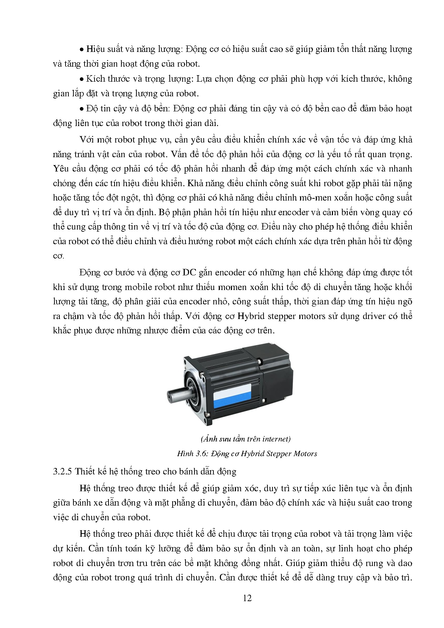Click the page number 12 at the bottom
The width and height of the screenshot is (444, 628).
(x=247, y=598)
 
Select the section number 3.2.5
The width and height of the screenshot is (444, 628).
(x=63, y=472)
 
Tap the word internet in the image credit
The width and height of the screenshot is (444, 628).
(x=275, y=439)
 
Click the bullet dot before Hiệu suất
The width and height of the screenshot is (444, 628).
(x=82, y=49)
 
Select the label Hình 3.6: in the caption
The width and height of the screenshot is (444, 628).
(x=192, y=454)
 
